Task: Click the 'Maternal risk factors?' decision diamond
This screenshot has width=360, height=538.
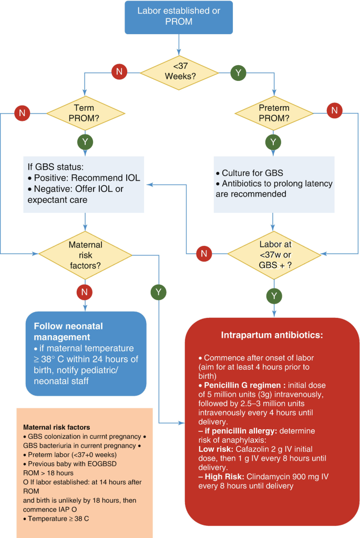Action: [x=85, y=254]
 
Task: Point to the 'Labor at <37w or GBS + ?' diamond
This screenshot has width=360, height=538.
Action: [x=274, y=254]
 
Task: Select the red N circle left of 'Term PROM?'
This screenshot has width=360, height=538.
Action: [x=22, y=112]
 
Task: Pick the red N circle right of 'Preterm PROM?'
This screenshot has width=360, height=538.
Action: [x=334, y=111]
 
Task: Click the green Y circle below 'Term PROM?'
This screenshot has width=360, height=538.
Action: [x=85, y=141]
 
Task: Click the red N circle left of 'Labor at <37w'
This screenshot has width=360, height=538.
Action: [x=204, y=254]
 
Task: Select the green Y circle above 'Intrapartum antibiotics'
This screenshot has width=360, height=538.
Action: [x=274, y=296]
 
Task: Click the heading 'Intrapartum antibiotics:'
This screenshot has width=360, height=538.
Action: [x=271, y=334]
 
